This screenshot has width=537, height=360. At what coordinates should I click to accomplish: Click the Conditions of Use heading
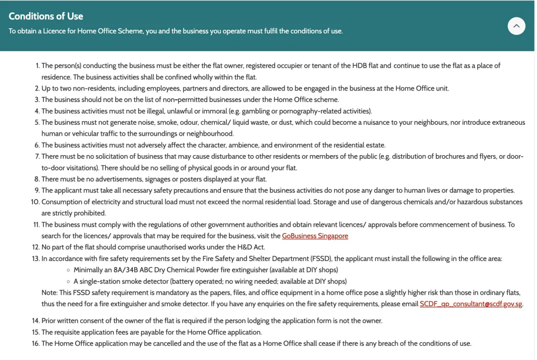[46, 16]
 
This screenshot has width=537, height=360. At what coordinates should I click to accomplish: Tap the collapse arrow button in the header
[516, 26]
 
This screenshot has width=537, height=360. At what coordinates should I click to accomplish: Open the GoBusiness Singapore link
[315, 236]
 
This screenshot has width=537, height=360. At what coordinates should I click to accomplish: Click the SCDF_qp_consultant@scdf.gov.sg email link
[471, 304]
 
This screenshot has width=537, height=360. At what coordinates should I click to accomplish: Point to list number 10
[35, 202]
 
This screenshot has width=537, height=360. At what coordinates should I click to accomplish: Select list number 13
[35, 259]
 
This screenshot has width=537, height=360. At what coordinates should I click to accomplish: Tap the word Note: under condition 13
[50, 292]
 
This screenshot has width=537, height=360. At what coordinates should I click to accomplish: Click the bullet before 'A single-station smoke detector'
[68, 281]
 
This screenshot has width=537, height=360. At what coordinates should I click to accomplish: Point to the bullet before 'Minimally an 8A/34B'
[68, 270]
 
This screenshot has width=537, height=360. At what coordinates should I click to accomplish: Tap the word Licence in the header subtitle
[56, 31]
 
